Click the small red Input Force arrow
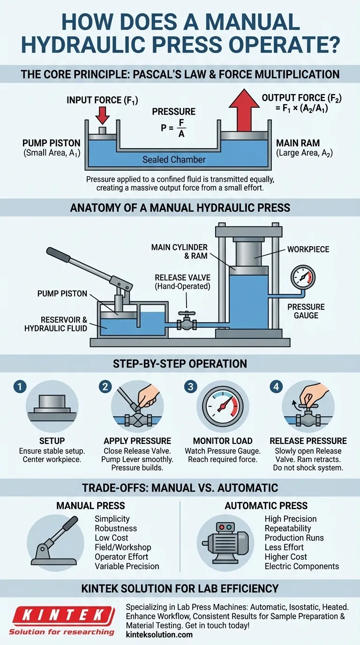(102, 115)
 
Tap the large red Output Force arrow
(244, 110)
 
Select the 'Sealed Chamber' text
(174, 159)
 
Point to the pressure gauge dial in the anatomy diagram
(303, 277)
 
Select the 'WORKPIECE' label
(308, 249)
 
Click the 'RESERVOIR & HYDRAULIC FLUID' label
(56, 324)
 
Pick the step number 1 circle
(20, 387)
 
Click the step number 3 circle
(191, 387)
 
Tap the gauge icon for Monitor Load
(223, 406)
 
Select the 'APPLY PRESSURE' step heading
(137, 441)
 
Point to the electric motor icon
(225, 543)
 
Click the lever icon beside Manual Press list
(55, 541)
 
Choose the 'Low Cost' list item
(112, 538)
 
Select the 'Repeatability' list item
(288, 528)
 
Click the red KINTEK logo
(62, 615)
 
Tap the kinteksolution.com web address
(159, 635)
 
